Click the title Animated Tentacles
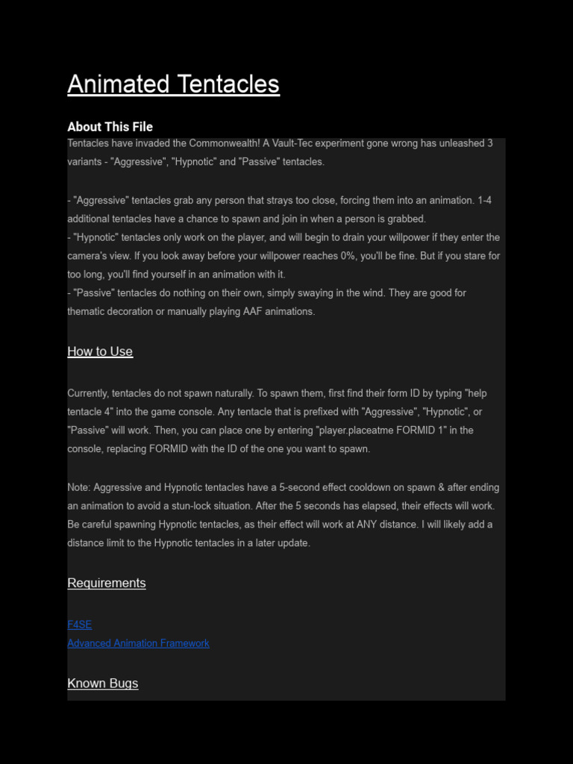(x=173, y=84)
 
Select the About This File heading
(x=110, y=127)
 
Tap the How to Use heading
(x=100, y=351)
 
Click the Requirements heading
(x=106, y=583)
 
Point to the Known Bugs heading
(x=102, y=683)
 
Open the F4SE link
(x=79, y=624)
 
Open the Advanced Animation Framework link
(x=138, y=643)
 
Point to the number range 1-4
(x=484, y=200)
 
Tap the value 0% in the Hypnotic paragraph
(x=344, y=256)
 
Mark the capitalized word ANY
(x=366, y=525)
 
